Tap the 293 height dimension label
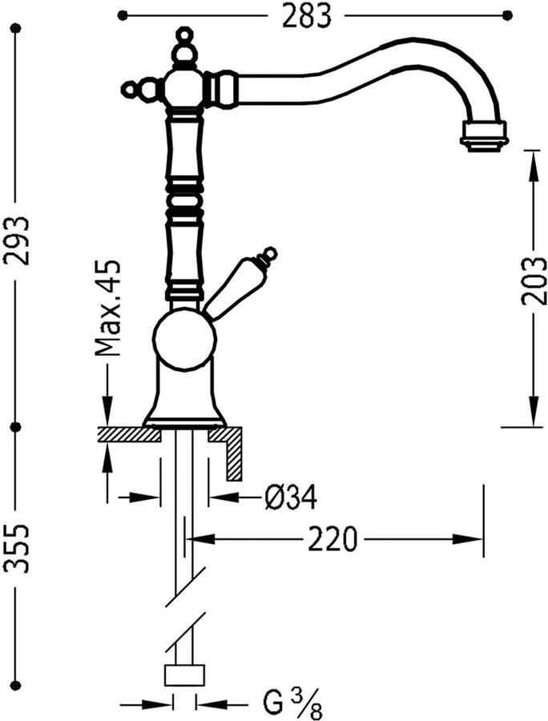click(17, 240)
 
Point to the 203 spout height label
click(534, 280)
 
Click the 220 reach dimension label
click(332, 539)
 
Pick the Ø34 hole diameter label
click(291, 497)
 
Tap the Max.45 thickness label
click(107, 308)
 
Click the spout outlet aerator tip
click(483, 135)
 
